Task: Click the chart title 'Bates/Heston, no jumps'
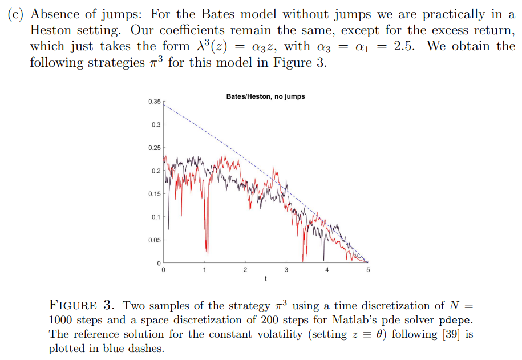pos(265,96)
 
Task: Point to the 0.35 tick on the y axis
pos(154,102)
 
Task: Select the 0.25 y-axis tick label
pos(154,148)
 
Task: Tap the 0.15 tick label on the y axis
pos(154,194)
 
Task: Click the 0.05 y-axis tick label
pos(154,240)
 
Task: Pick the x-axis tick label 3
pos(286,270)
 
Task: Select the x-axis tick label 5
pos(368,270)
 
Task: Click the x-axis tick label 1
pos(204,270)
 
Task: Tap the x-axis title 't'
pos(265,278)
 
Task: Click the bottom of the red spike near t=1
pos(208,256)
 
